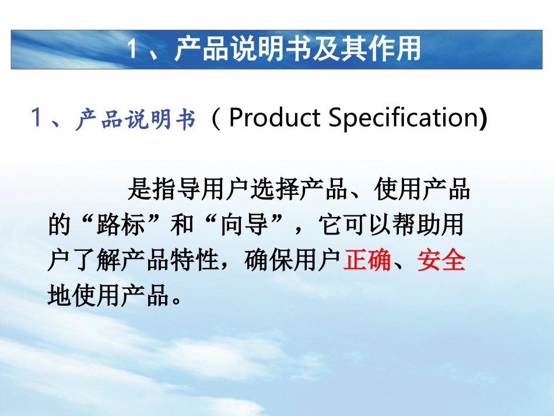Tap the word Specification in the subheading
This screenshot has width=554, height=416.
pos(403,118)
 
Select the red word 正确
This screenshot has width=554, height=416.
pos(367,261)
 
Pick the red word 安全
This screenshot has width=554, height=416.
pos(441,261)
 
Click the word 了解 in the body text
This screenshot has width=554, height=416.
pos(97,261)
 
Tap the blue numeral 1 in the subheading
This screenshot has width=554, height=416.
pos(37,119)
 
